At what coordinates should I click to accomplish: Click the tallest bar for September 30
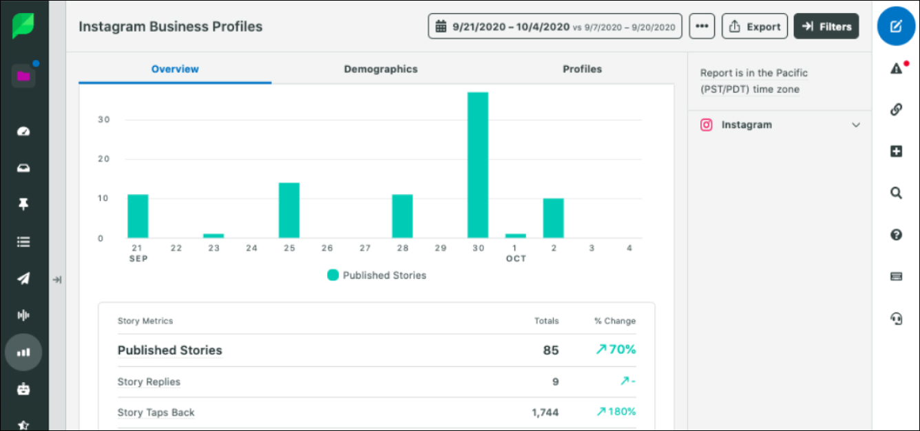point(478,165)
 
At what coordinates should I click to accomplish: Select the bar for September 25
point(289,210)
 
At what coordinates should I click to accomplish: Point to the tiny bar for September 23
point(213,236)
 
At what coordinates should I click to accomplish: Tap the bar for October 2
point(553,218)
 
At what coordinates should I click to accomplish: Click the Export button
point(755,27)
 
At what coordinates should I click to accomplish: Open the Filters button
point(826,27)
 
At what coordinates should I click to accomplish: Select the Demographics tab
point(381,69)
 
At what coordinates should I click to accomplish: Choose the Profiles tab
point(582,69)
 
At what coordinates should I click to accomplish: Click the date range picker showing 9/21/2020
point(555,27)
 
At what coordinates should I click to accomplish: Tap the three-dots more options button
point(702,27)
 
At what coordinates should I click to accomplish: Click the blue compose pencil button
point(896,27)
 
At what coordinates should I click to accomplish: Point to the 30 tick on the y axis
point(103,119)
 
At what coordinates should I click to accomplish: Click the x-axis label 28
point(402,248)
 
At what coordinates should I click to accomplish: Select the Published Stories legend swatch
point(333,275)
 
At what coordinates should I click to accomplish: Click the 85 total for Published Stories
point(551,350)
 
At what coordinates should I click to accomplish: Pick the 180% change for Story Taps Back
point(616,411)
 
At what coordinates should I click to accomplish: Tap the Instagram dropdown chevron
point(856,125)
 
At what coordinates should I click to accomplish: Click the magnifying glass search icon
point(896,193)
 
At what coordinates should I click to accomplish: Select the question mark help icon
point(896,235)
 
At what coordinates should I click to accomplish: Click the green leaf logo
point(23,25)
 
